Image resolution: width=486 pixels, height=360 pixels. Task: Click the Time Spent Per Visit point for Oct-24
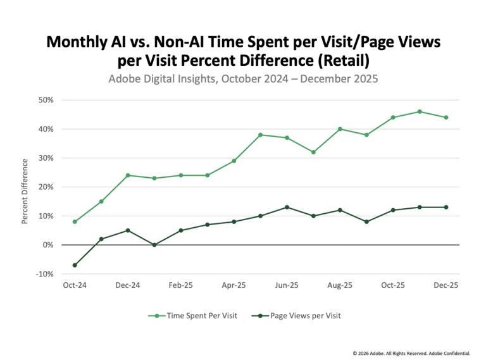coord(75,221)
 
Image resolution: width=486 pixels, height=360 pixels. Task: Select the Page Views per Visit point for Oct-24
coord(75,265)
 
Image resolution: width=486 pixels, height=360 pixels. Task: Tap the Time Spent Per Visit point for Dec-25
coord(446,117)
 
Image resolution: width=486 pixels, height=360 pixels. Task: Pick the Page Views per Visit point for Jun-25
coord(287,207)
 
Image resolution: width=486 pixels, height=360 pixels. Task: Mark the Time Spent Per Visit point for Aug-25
coord(340,129)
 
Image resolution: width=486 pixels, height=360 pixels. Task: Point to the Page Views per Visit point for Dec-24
coord(128,230)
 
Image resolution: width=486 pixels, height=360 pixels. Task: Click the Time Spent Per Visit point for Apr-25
coord(234,161)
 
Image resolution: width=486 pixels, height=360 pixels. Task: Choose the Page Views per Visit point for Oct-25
coord(393,210)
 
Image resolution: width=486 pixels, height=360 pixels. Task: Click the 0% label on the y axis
coord(49,245)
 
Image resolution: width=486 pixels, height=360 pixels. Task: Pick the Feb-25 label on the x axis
coord(181,285)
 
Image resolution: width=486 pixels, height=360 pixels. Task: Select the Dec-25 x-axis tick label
coord(446,285)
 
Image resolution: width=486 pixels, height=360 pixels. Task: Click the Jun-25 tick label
coord(287,285)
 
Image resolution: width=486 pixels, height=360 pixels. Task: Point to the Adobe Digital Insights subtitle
coord(243,80)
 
